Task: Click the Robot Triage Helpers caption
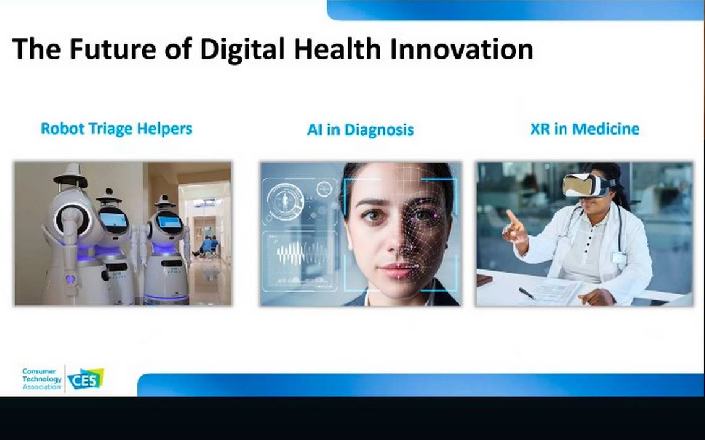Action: point(116,129)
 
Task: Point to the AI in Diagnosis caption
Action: point(360,130)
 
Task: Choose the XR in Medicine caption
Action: point(585,129)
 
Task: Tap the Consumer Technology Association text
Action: point(42,379)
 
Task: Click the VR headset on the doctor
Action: point(589,185)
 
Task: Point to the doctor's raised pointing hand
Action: point(515,227)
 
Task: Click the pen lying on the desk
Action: point(527,293)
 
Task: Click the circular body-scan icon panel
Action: point(285,202)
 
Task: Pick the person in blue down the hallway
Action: point(207,245)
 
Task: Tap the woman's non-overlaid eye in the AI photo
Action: point(372,216)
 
